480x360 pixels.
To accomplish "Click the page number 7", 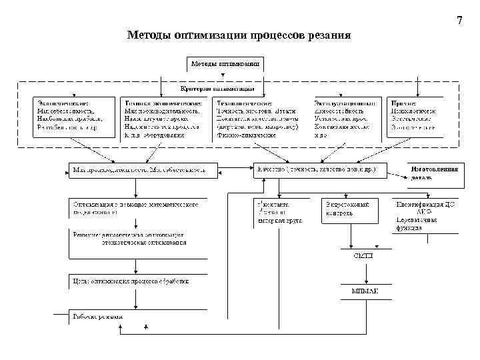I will (x=459, y=21).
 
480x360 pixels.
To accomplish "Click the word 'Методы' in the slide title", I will (x=148, y=35).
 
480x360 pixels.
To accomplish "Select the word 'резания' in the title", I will (x=327, y=35).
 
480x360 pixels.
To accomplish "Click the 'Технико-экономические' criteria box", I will (x=164, y=118).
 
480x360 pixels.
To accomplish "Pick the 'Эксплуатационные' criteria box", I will (x=346, y=118).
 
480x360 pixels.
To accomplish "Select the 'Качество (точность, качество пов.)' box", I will (x=318, y=171).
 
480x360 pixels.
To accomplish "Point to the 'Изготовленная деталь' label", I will (x=434, y=173).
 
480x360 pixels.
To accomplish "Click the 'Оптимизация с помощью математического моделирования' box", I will (x=136, y=209).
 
